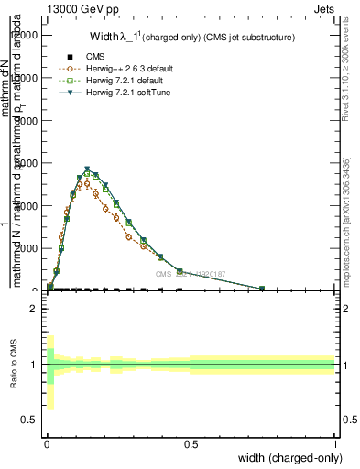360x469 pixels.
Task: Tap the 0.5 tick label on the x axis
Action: [191, 444]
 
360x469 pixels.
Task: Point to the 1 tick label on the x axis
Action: [334, 444]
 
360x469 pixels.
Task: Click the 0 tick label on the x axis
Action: [47, 444]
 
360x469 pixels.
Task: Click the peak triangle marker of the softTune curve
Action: [87, 169]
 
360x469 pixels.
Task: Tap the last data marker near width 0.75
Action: [262, 289]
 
